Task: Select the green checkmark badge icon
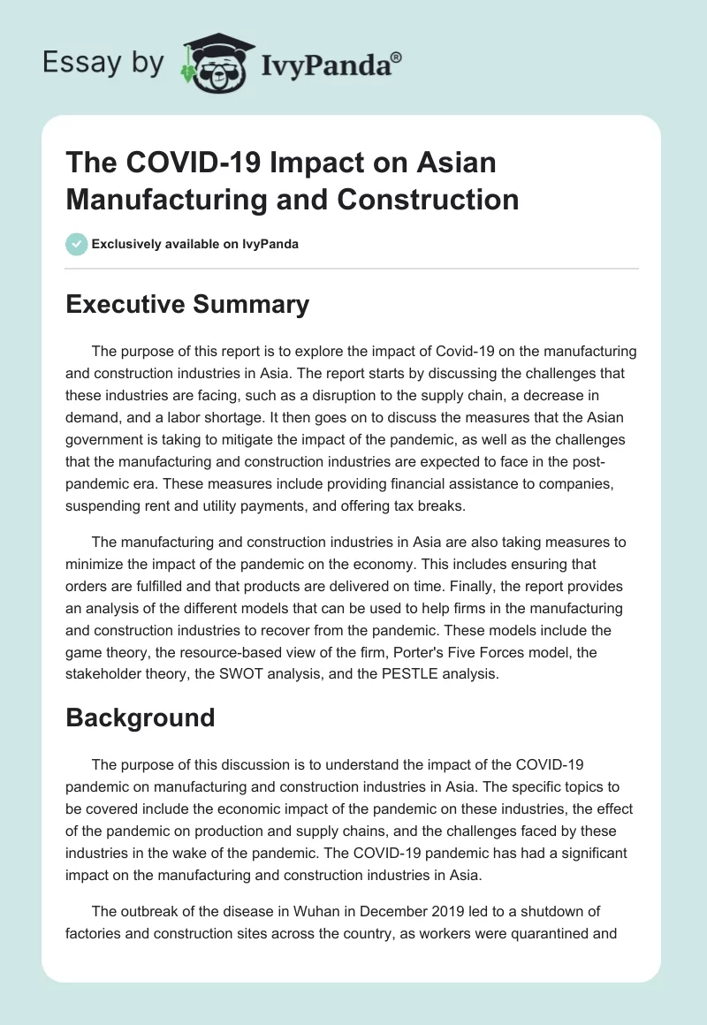(76, 244)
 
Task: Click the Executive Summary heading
(187, 305)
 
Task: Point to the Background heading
(141, 717)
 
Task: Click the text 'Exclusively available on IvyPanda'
(195, 244)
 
